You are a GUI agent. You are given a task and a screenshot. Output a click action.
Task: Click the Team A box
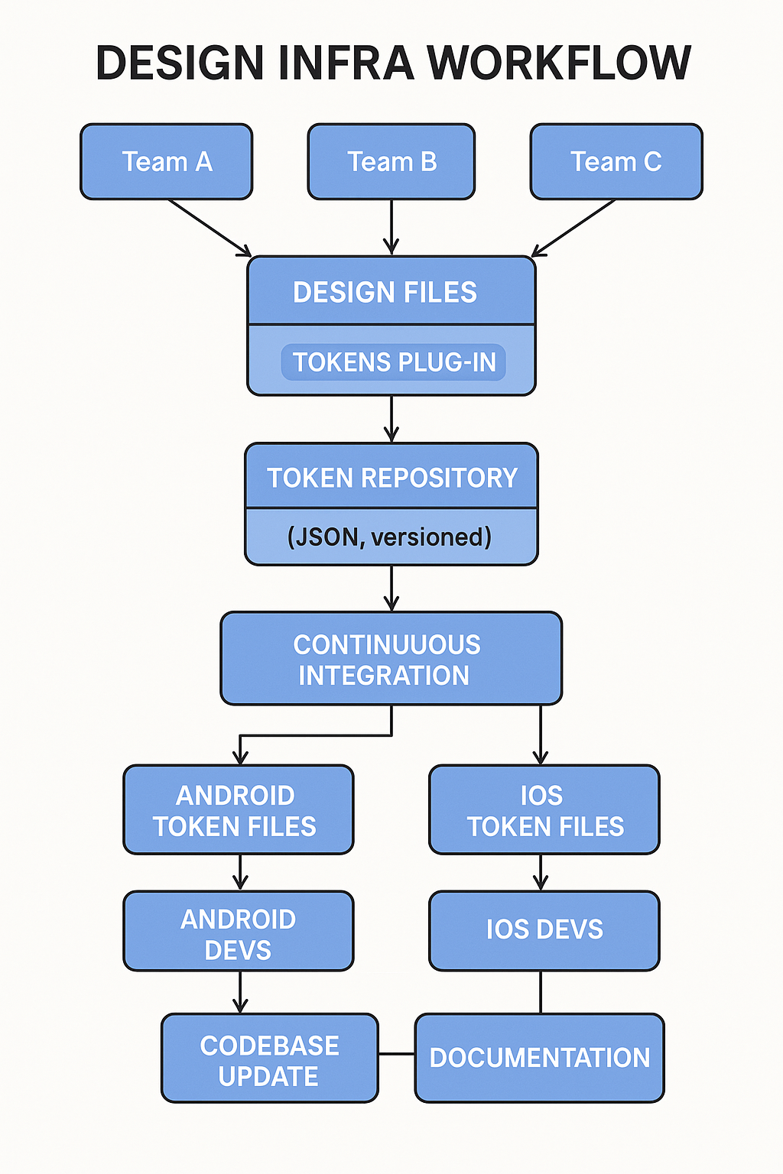pos(166,162)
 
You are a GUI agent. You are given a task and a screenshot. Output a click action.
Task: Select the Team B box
pos(391,162)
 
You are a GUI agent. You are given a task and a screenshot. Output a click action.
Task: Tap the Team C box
pos(616,162)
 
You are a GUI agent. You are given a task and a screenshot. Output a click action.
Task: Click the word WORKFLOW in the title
pos(558,63)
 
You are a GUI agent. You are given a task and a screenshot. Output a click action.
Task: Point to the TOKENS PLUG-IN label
pos(394,362)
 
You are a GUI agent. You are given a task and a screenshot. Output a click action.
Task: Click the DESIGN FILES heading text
pos(385,292)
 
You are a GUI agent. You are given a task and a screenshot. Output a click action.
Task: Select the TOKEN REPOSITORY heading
pos(391,478)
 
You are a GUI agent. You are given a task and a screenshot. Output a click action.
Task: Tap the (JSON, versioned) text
pos(389,537)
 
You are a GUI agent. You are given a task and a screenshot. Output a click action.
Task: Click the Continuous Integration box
pos(391,659)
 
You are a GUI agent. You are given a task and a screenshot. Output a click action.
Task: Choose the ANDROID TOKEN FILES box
pos(238,810)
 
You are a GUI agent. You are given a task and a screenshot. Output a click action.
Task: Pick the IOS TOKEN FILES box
pos(544,810)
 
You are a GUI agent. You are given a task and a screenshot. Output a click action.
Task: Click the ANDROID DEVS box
pos(238,932)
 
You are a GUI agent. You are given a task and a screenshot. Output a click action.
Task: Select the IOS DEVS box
pos(544,930)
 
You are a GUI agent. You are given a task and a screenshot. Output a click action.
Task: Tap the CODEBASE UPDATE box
pos(269,1059)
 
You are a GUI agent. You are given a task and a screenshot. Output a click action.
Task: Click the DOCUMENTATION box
pos(539,1059)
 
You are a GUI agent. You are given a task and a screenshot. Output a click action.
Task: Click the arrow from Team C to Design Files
pos(574,227)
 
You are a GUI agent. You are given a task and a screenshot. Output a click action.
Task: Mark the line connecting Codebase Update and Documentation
pos(397,1054)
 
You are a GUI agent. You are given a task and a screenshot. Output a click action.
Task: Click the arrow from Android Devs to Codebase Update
pos(240,991)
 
